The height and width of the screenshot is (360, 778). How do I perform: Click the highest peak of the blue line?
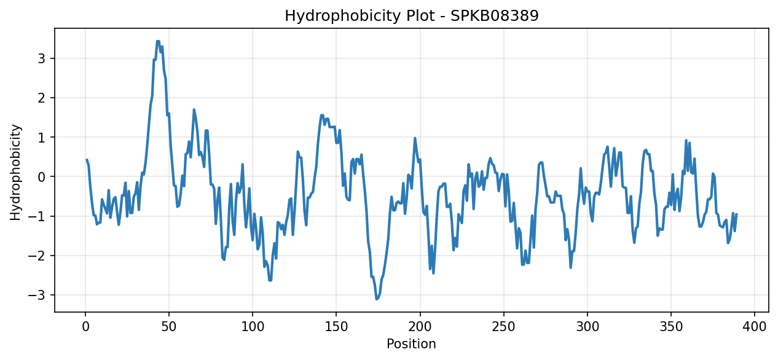pyautogui.click(x=158, y=41)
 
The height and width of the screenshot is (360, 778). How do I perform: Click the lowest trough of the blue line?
pyautogui.click(x=377, y=299)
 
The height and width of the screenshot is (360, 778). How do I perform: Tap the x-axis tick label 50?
pyautogui.click(x=169, y=327)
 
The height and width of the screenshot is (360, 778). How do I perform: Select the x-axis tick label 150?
pyautogui.click(x=336, y=327)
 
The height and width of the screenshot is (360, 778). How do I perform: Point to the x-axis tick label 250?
pyautogui.click(x=504, y=327)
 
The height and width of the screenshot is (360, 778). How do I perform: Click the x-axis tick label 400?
pyautogui.click(x=755, y=327)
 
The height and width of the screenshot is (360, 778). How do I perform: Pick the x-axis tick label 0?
pyautogui.click(x=85, y=327)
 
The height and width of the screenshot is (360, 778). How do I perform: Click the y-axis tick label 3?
pyautogui.click(x=42, y=59)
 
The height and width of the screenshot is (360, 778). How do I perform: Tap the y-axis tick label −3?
pyautogui.click(x=37, y=295)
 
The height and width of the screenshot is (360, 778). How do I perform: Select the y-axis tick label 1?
pyautogui.click(x=42, y=138)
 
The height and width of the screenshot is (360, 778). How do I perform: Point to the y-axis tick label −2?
pyautogui.click(x=37, y=256)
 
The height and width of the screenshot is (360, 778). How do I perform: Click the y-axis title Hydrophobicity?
pyautogui.click(x=15, y=172)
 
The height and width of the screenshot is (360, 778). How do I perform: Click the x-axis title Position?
pyautogui.click(x=411, y=343)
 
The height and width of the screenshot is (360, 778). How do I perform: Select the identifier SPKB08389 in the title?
pyautogui.click(x=495, y=16)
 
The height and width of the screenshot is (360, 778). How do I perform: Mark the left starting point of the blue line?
pyautogui.click(x=87, y=160)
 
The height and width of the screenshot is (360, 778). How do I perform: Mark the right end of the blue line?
pyautogui.click(x=736, y=214)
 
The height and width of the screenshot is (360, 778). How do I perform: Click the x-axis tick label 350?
pyautogui.click(x=671, y=327)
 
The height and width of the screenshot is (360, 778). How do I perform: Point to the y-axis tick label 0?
pyautogui.click(x=42, y=177)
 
